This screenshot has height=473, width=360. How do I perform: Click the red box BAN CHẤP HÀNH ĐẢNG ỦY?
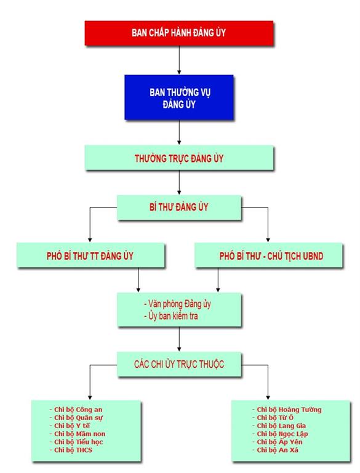[x=179, y=33]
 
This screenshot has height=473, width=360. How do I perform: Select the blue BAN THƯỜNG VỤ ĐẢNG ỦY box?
[x=179, y=97]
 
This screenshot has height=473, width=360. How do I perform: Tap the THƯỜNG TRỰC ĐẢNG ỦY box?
[x=179, y=158]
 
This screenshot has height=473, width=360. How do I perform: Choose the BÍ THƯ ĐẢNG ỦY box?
[x=179, y=208]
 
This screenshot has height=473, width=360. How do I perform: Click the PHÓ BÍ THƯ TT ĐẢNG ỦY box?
[x=90, y=256]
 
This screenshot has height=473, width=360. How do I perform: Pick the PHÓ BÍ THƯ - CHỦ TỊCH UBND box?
[x=269, y=256]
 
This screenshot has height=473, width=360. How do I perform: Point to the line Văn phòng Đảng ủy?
[x=177, y=304]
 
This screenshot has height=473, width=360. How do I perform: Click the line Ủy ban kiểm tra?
[x=171, y=316]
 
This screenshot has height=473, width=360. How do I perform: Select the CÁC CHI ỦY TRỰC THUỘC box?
[x=179, y=364]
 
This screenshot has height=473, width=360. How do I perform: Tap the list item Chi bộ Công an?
[x=76, y=410]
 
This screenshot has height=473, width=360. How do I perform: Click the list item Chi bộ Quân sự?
[x=76, y=418]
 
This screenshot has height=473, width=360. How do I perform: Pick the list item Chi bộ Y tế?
[x=70, y=426]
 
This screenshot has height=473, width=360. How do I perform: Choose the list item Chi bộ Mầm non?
[x=78, y=434]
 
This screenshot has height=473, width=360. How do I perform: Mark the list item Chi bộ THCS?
[x=71, y=450]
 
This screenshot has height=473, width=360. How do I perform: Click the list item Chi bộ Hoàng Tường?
[x=287, y=410]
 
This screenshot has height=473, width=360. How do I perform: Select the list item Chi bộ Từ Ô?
[x=273, y=418]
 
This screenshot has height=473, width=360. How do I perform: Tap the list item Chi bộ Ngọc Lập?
[x=280, y=434]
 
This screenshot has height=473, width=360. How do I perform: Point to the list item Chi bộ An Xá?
[x=275, y=450]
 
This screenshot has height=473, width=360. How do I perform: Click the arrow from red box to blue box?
[x=179, y=60]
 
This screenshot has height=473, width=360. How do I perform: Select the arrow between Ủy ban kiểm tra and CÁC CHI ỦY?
[x=179, y=339]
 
